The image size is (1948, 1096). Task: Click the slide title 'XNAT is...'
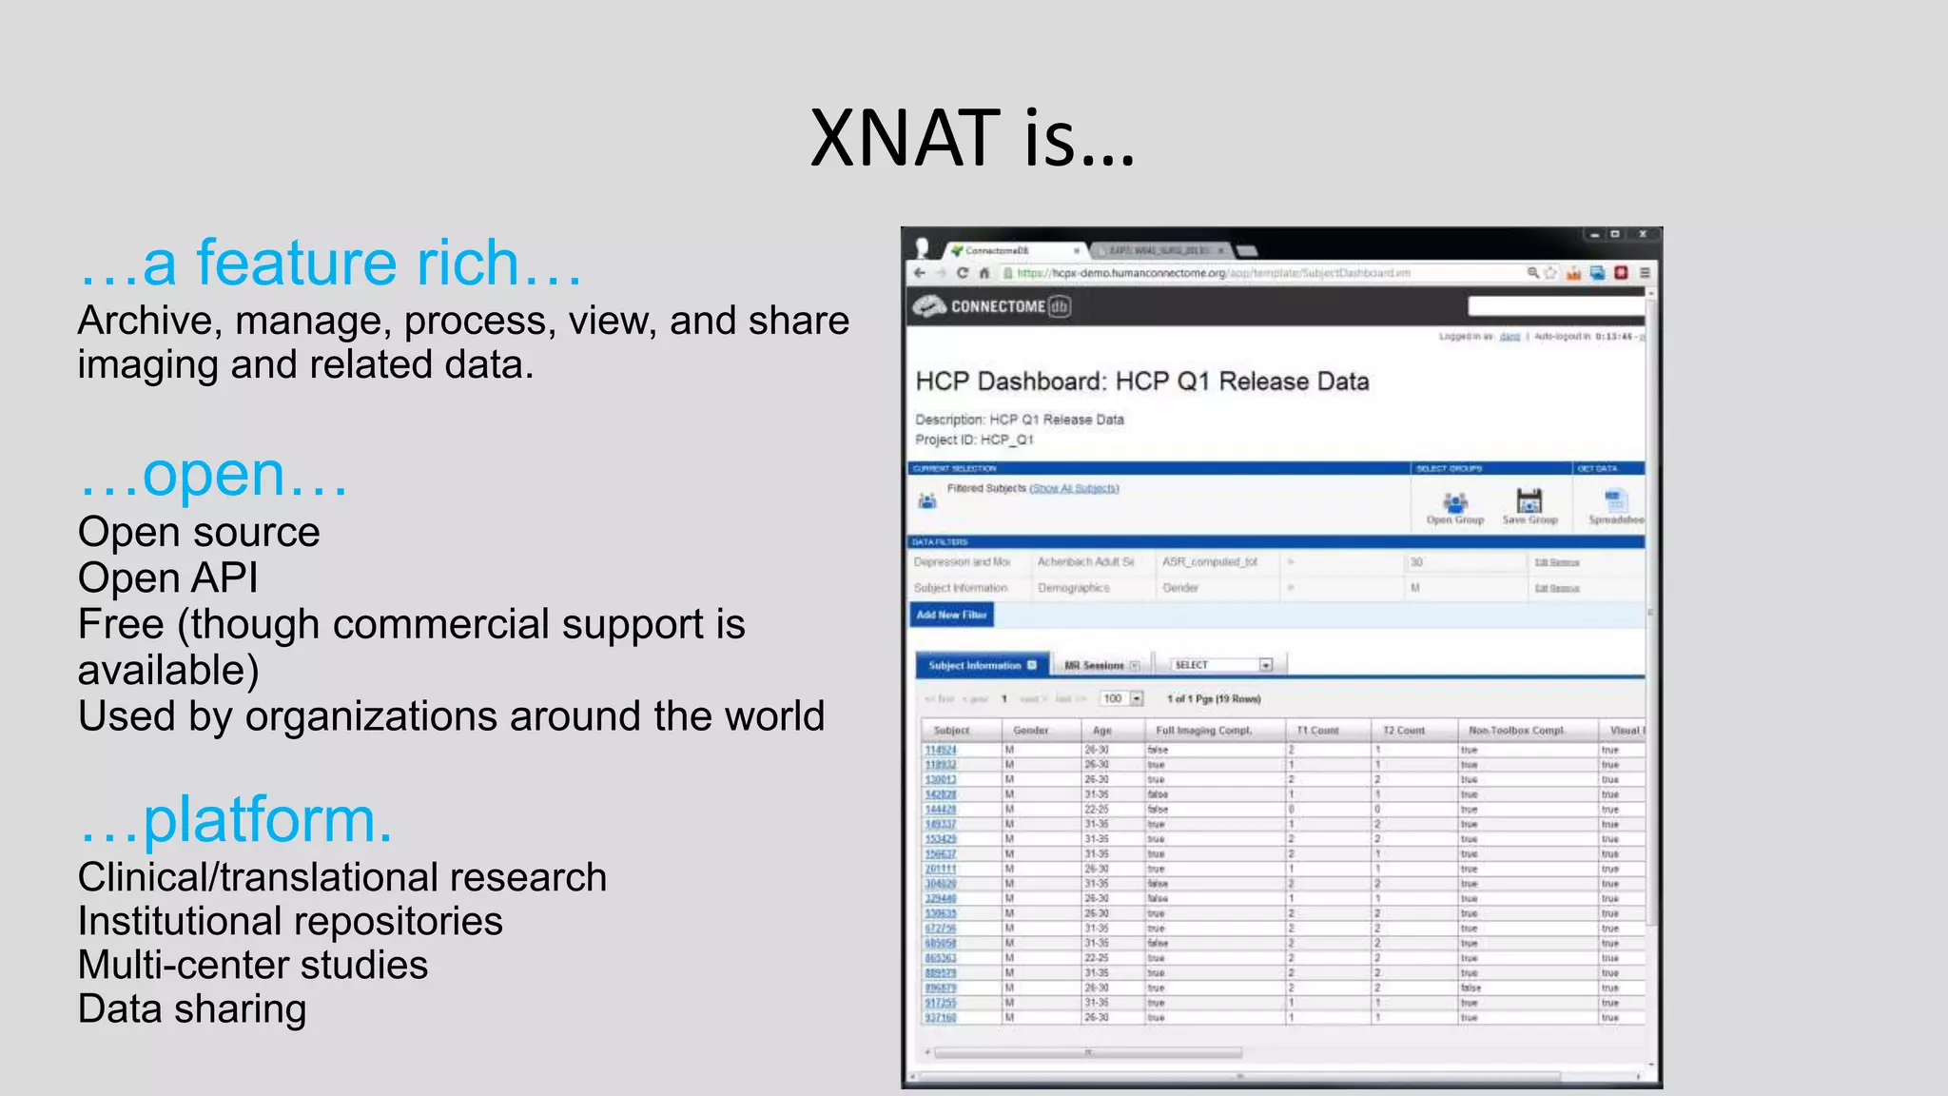(972, 139)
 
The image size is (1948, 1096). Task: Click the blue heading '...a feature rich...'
(330, 264)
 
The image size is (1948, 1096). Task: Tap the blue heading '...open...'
(213, 475)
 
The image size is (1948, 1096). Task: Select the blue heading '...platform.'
(235, 820)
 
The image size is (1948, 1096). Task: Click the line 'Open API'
(167, 577)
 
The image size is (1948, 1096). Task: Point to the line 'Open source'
(199, 532)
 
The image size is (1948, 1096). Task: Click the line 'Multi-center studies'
(253, 965)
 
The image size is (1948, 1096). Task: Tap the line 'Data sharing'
(192, 1008)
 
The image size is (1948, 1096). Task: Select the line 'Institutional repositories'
(290, 921)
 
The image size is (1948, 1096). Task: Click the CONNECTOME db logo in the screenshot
(992, 306)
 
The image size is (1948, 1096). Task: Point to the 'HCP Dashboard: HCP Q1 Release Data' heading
(1141, 382)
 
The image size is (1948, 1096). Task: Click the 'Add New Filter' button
(950, 616)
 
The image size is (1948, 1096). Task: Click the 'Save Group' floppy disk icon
(1529, 502)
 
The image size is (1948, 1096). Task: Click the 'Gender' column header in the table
(1030, 731)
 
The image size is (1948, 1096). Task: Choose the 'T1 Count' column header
(1317, 731)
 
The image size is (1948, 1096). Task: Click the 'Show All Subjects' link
(1074, 489)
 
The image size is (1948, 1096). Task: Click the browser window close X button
(1643, 234)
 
